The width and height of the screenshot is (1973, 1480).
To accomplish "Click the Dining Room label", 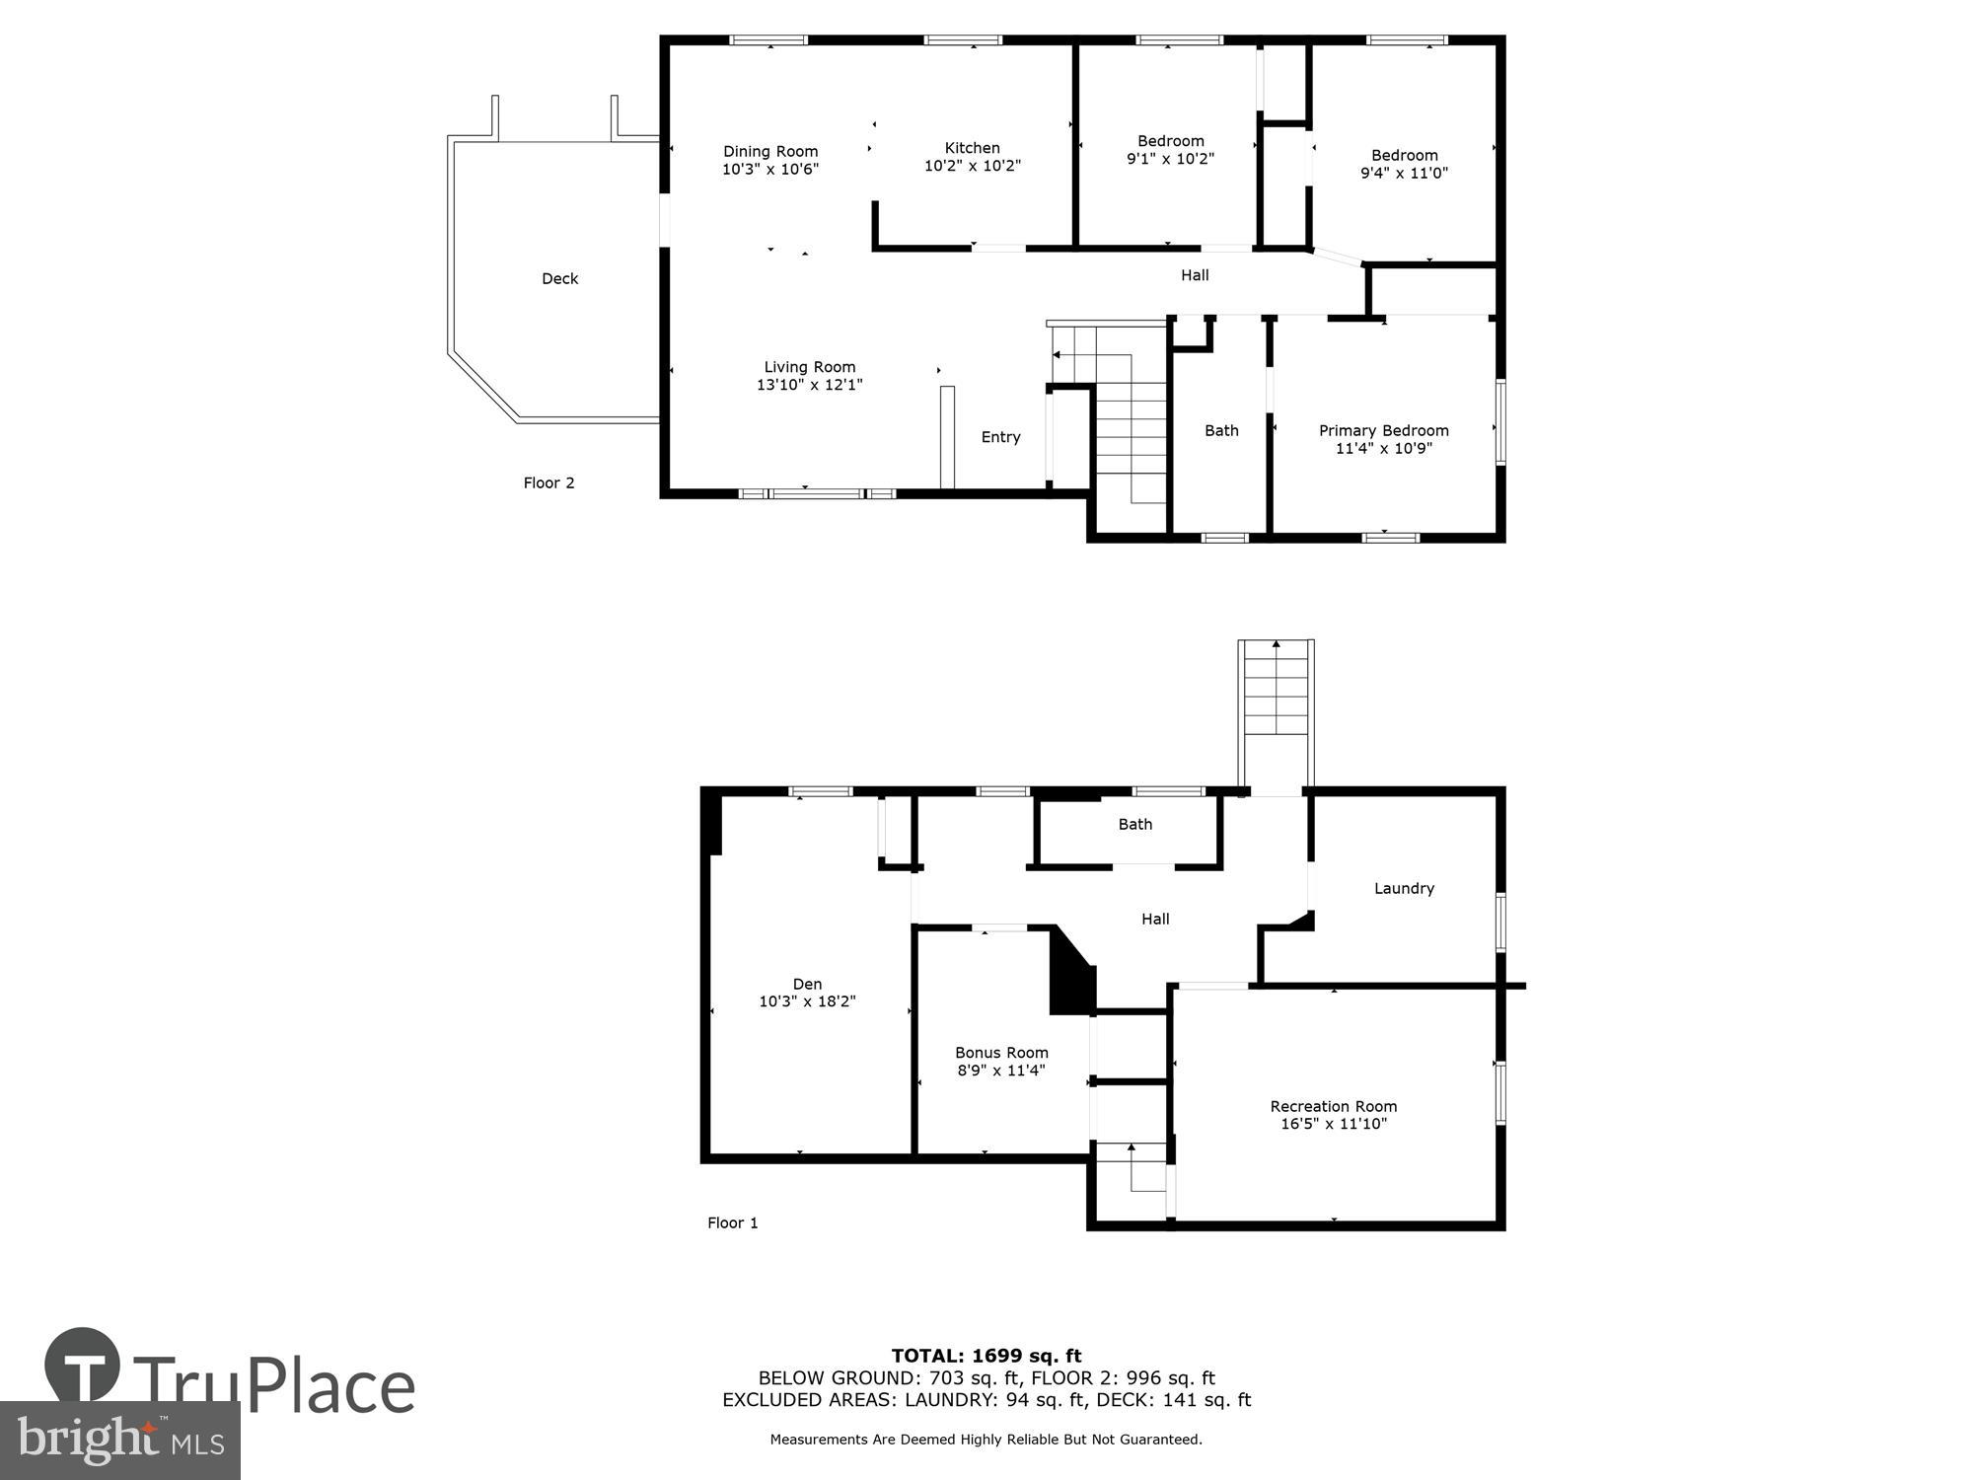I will tap(770, 151).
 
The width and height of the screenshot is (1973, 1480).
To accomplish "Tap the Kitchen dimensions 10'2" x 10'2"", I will tap(972, 166).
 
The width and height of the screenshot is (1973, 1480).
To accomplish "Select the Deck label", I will tap(559, 279).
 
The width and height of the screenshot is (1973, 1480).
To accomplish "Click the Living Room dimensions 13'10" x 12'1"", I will tap(809, 385).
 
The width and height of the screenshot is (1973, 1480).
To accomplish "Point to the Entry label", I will tap(1000, 437).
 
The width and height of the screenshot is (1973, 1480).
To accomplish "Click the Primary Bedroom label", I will tap(1383, 430).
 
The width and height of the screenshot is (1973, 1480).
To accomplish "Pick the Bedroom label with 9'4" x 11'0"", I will tap(1404, 155).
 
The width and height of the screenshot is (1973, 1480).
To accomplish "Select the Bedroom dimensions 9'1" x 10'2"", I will tap(1170, 158).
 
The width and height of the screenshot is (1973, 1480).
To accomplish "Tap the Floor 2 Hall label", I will tap(1195, 275).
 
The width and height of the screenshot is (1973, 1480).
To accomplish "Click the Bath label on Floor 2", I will tap(1221, 430).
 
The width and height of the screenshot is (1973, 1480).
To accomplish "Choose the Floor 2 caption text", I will tap(548, 482).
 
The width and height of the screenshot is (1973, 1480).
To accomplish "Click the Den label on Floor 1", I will tap(807, 984).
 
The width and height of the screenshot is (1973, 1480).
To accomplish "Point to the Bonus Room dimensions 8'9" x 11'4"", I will tap(1001, 1071).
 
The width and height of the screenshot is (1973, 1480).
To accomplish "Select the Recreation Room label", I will tap(1333, 1106).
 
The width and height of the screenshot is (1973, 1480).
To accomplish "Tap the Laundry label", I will tap(1404, 888).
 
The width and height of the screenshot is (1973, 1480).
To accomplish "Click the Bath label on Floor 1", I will tap(1134, 824).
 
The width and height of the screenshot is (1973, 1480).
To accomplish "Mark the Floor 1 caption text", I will tap(732, 1222).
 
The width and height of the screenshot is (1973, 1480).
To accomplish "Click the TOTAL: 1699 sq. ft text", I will tap(986, 1356).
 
